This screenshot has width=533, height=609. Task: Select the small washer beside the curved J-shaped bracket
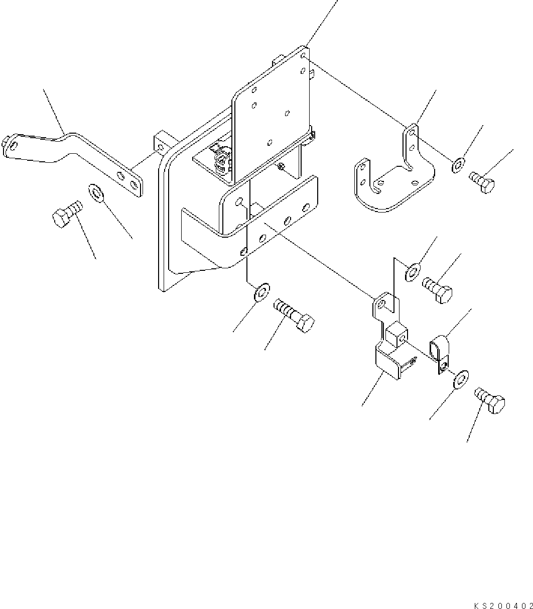pyautogui.click(x=458, y=165)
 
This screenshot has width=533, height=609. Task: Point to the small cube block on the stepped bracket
pyautogui.click(x=396, y=334)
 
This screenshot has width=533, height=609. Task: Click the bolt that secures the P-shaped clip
pyautogui.click(x=489, y=400)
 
